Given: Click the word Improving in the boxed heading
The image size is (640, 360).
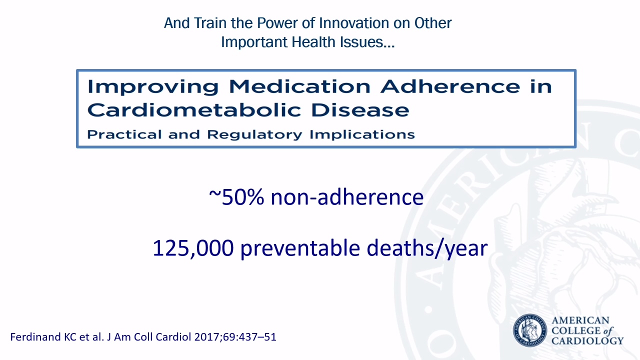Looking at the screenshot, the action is (x=153, y=87).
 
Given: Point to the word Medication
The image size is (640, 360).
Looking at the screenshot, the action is (x=299, y=86).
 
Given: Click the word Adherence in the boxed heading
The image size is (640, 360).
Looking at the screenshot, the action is (x=450, y=86).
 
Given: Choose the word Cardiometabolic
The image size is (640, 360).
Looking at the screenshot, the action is (x=194, y=110).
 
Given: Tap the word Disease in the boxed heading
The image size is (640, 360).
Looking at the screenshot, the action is (x=360, y=110).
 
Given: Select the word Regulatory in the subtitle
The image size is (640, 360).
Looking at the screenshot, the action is (x=254, y=134).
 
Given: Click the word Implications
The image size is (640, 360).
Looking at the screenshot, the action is (x=362, y=134).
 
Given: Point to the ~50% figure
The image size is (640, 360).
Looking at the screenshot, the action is (x=236, y=197).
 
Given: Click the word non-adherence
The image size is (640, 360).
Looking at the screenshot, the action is (x=347, y=197).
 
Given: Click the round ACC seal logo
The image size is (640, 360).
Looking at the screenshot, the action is (x=529, y=330).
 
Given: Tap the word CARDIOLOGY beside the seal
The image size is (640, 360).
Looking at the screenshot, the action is (x=587, y=341).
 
